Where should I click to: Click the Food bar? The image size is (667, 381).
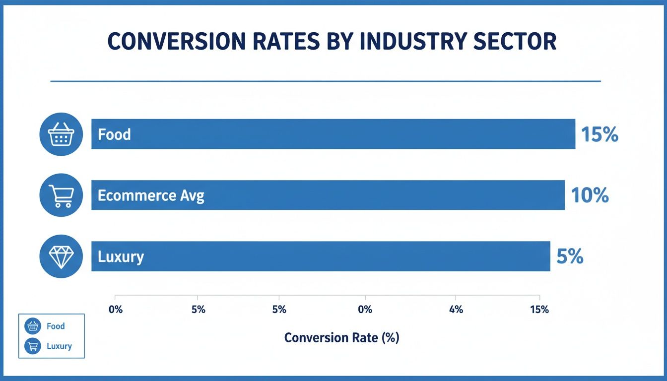click(333, 134)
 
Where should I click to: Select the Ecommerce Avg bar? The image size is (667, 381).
click(328, 195)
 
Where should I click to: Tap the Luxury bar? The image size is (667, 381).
click(320, 256)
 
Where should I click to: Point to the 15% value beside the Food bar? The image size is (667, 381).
click(600, 134)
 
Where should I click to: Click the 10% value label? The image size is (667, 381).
click(590, 195)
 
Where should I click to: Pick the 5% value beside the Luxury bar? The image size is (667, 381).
click(570, 256)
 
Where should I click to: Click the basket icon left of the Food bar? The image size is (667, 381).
click(61, 134)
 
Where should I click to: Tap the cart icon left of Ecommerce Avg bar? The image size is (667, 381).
click(61, 195)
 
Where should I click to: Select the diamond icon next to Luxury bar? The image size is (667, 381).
click(61, 256)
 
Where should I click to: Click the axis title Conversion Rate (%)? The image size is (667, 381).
click(341, 338)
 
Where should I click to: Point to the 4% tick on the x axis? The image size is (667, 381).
click(456, 310)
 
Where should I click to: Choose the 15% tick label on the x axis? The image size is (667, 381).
click(539, 310)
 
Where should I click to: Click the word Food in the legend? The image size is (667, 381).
click(56, 326)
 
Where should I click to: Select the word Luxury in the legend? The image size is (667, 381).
click(59, 346)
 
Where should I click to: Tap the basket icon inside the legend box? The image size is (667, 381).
click(33, 326)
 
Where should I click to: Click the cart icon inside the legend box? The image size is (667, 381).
click(33, 346)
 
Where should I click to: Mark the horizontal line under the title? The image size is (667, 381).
click(326, 81)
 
